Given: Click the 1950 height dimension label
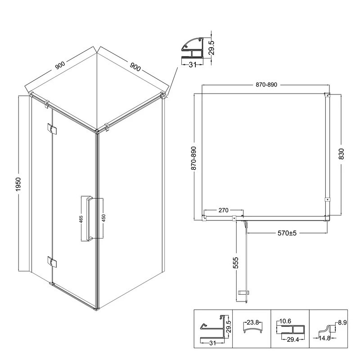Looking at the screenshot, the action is click(x=18, y=184).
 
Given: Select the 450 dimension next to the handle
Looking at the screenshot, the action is click(x=103, y=218).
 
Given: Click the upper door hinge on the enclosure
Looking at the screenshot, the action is click(x=52, y=129).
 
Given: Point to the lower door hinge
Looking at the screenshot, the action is click(x=52, y=262).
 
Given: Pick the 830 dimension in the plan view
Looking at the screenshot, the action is click(x=342, y=154).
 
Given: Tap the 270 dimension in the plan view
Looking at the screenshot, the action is click(x=223, y=210).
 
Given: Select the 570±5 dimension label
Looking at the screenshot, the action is click(x=287, y=233).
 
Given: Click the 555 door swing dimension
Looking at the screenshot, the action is click(x=236, y=263).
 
